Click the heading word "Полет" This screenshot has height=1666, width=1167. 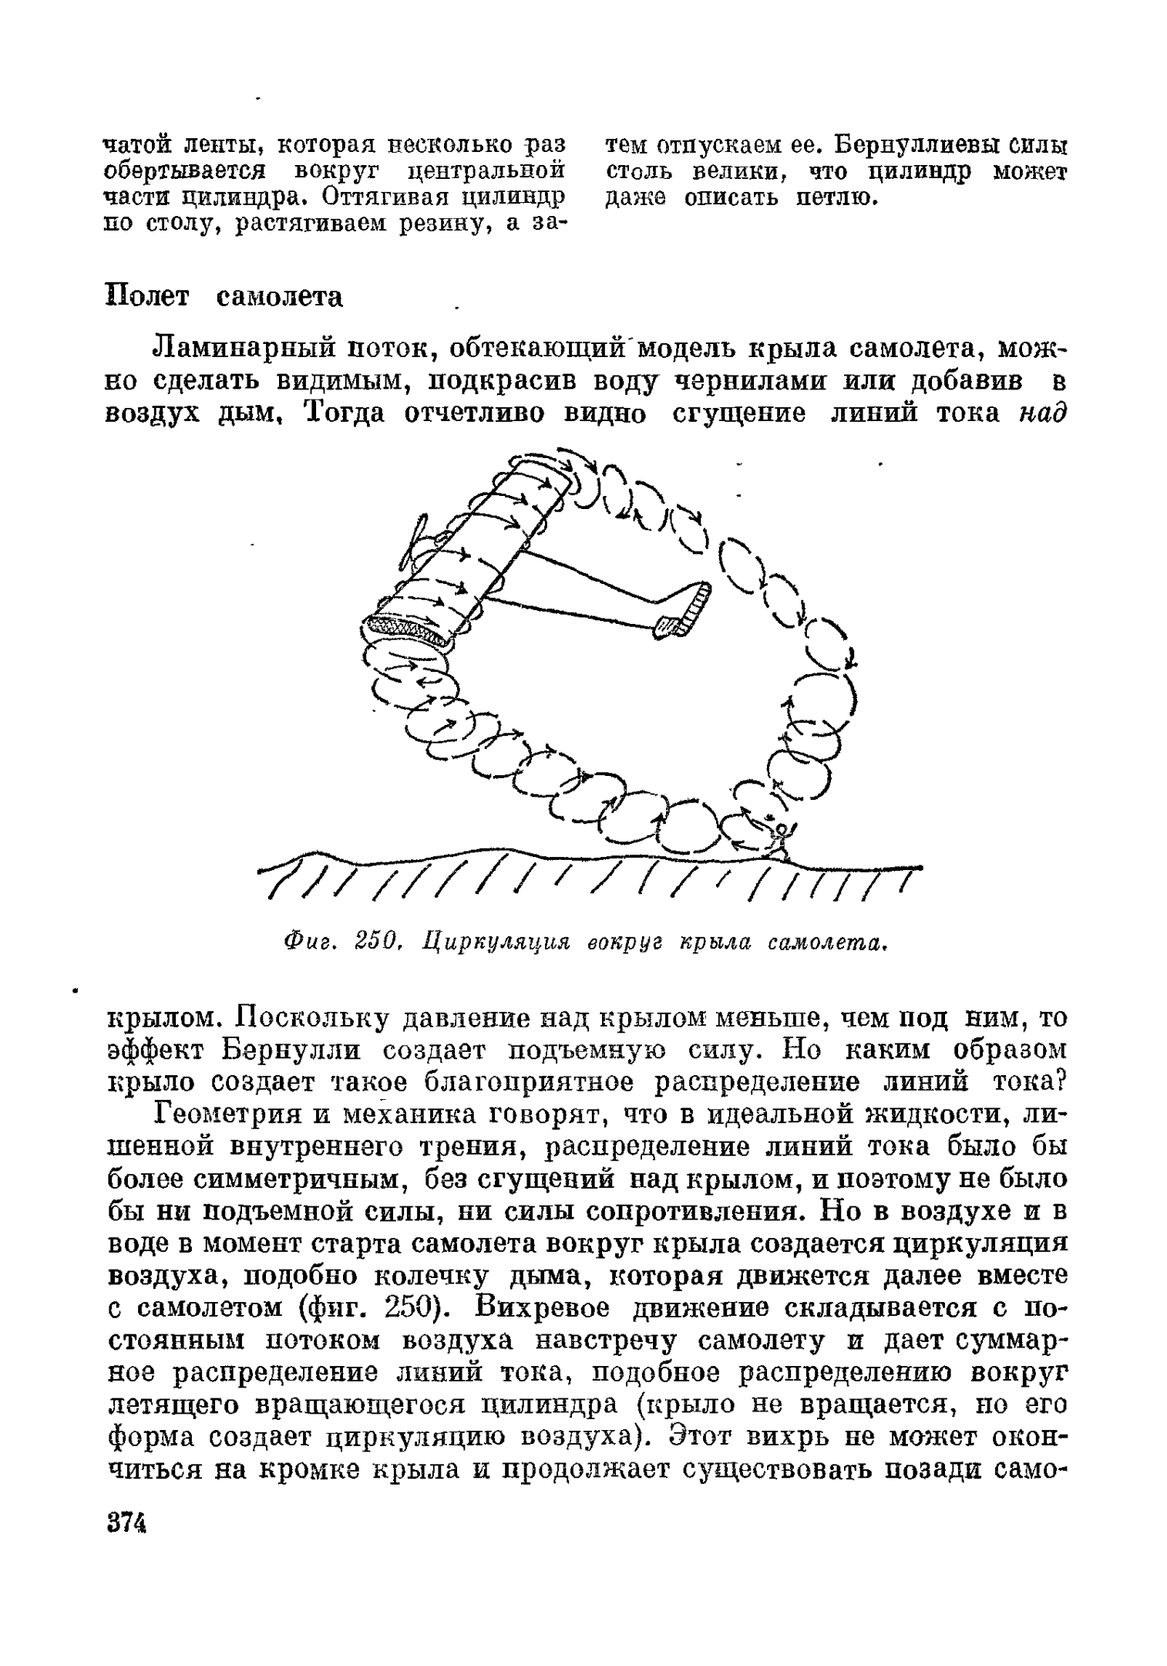(146, 297)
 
